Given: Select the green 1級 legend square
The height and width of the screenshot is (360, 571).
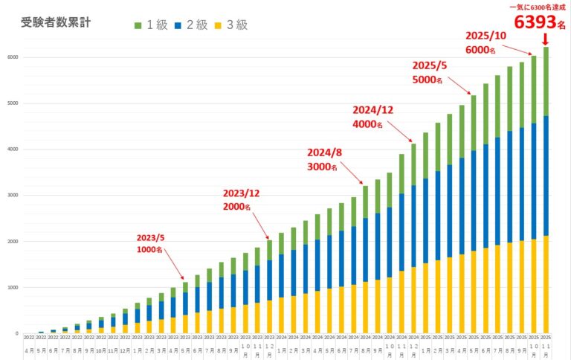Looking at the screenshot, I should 138,25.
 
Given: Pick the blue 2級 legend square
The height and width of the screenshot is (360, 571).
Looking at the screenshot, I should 178,25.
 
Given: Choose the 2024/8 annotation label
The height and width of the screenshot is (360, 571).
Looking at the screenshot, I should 325,152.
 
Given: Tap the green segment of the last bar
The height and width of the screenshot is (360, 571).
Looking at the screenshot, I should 546,82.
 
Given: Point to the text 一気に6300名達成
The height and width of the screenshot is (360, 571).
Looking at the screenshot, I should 534,6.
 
